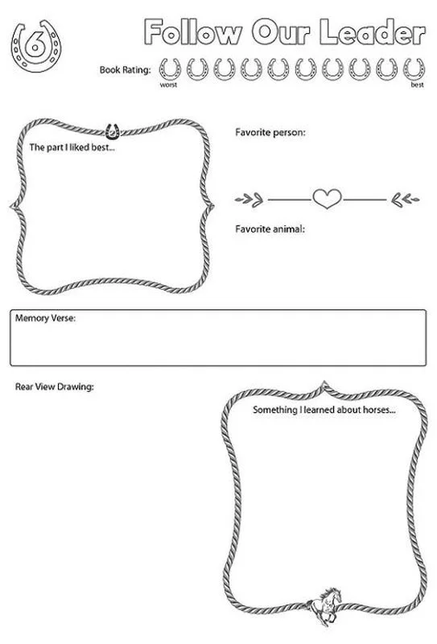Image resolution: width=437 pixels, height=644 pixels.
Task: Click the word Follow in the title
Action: click(192, 33)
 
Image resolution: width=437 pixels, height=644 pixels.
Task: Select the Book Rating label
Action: click(125, 70)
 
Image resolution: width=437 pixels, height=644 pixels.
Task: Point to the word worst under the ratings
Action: click(168, 84)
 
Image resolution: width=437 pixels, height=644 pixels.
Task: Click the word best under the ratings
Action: click(417, 84)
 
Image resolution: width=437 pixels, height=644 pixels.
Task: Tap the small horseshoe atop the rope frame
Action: click(112, 128)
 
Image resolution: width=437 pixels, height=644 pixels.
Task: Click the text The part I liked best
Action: click(72, 148)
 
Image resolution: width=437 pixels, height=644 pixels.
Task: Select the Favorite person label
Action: click(270, 131)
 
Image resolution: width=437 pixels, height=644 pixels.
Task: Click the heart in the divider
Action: click(327, 198)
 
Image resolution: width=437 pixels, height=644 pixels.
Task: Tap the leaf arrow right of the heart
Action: click(405, 198)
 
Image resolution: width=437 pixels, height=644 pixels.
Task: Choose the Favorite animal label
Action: click(270, 229)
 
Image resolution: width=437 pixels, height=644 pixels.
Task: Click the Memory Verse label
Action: click(45, 319)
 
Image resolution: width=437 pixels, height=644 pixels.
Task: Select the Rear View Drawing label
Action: click(54, 387)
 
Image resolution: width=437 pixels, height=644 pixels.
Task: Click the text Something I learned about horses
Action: click(324, 410)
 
